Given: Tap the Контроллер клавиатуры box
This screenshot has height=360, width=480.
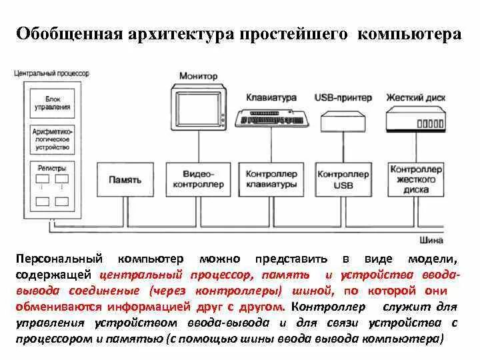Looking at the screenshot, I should point(271,179).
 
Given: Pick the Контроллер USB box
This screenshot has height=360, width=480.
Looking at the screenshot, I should point(343,179).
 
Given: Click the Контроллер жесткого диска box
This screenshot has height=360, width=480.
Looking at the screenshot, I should point(415,179).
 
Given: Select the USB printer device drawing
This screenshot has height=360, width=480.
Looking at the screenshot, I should point(343,121).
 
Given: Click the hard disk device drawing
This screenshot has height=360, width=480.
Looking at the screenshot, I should point(415,120).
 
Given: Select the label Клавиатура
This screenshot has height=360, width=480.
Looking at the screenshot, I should point(271,97).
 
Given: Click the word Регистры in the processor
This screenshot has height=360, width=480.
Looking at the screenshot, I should point(53,170).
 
